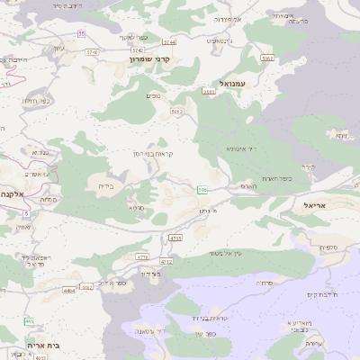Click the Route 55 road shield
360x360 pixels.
pos(81,33)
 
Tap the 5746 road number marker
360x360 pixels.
pos(92,52)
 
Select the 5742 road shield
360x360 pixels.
pos(138,50)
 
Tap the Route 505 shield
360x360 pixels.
pos(202,189)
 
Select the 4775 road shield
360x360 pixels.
pos(175,238)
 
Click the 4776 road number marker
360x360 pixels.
pos(142,256)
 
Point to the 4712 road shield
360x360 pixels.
pos(166,262)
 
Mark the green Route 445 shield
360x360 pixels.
pos(30,321)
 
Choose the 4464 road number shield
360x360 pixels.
pos(69,291)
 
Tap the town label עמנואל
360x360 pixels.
pos(231,83)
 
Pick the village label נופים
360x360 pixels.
pos(153,94)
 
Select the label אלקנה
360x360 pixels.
pos(12,193)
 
